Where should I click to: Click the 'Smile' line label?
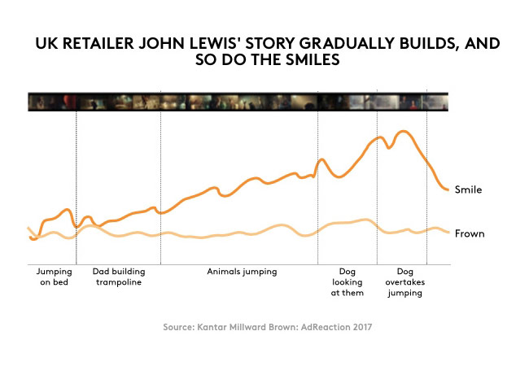click(x=468, y=190)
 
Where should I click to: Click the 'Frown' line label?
click(x=469, y=234)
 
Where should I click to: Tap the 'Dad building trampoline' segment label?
click(x=117, y=277)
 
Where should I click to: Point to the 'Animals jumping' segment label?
click(x=242, y=272)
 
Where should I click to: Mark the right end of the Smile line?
click(x=448, y=190)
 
